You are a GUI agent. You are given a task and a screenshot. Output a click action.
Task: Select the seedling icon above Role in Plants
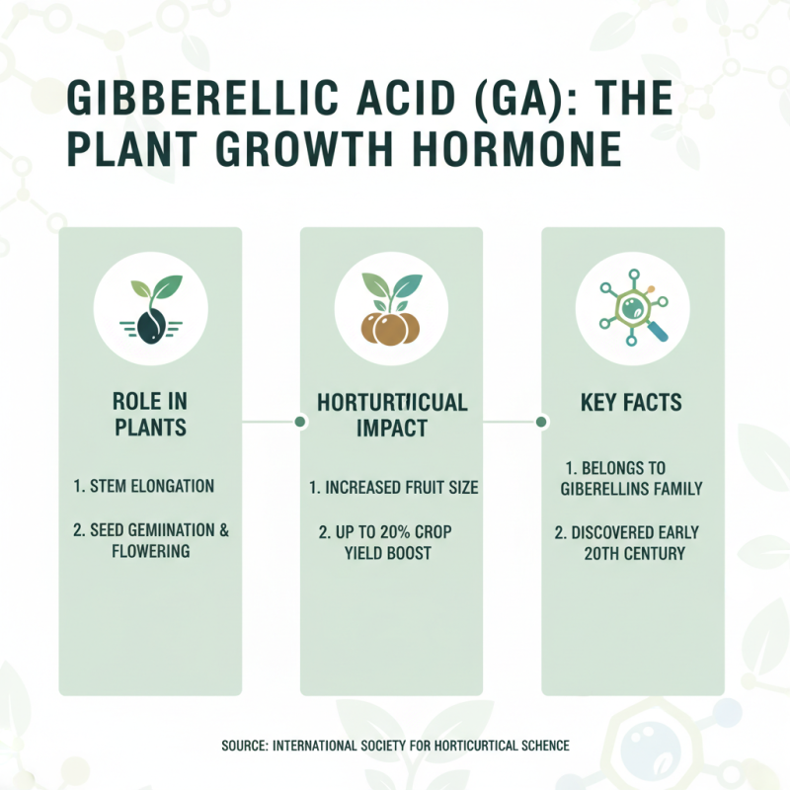tap(150, 305)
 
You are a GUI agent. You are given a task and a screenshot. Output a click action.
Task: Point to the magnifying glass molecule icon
tap(632, 305)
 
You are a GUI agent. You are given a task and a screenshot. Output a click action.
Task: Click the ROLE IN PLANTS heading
tap(150, 415)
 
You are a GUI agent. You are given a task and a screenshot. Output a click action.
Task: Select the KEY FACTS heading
tap(632, 403)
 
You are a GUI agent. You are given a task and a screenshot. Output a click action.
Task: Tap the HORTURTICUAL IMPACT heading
tap(391, 415)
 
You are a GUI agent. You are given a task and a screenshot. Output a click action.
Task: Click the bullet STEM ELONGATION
tap(144, 486)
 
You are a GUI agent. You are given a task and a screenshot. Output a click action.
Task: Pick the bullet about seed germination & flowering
tap(150, 540)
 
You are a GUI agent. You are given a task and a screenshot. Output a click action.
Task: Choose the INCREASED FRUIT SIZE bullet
tap(393, 488)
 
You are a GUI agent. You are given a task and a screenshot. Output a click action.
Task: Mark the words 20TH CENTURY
tap(634, 553)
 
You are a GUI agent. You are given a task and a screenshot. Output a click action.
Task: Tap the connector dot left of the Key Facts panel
tap(542, 423)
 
